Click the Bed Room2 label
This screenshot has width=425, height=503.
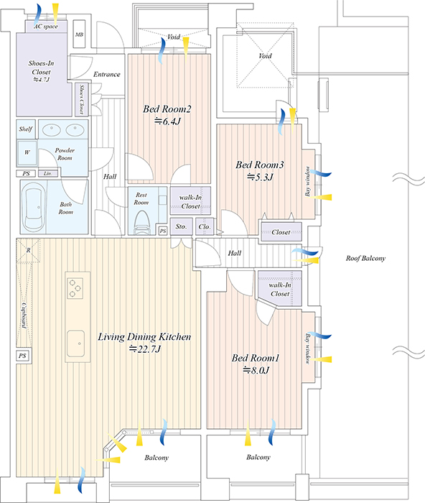point(167,109)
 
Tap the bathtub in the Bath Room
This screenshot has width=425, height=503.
point(34,206)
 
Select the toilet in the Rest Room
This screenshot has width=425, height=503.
point(141,223)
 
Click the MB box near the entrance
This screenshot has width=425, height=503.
point(79,34)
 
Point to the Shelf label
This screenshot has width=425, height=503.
point(25,129)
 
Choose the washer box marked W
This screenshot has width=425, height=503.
point(27,152)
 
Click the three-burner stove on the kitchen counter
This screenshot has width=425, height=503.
point(75,288)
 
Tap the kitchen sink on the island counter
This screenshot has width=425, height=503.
point(76,343)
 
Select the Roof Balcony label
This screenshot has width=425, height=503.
point(365,258)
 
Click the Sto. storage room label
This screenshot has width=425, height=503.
point(181,226)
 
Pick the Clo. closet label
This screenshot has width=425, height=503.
point(205,226)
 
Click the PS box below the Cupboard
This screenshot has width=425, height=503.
point(22,356)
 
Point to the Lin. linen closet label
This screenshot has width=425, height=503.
point(48,173)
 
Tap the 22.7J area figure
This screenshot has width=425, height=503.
point(145,349)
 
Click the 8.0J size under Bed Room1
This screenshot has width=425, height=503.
point(256,371)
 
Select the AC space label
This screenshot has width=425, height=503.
point(46,27)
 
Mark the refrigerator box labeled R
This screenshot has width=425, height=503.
point(29,251)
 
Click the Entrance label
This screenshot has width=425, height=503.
point(107,75)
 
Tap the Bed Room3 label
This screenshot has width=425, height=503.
point(260,165)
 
